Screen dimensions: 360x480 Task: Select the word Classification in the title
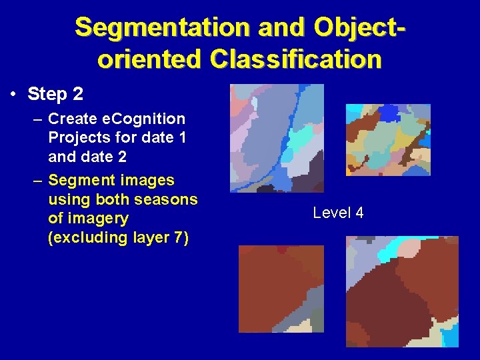click(x=295, y=59)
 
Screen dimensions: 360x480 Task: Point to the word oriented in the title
click(x=150, y=59)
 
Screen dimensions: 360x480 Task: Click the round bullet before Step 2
click(x=14, y=94)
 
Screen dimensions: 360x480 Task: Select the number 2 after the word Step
click(x=77, y=94)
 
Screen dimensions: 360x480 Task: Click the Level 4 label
click(x=338, y=213)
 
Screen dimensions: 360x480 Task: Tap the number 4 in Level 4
click(x=359, y=213)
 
